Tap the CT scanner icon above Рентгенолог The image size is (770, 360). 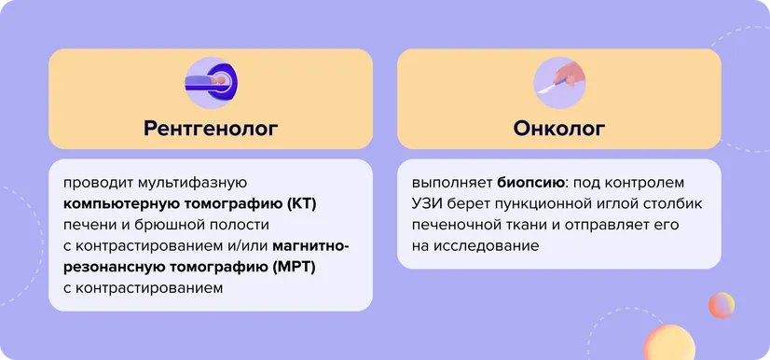coord(211,80)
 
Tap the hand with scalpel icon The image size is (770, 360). coord(559,81)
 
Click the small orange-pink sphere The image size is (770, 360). coord(720,305)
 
